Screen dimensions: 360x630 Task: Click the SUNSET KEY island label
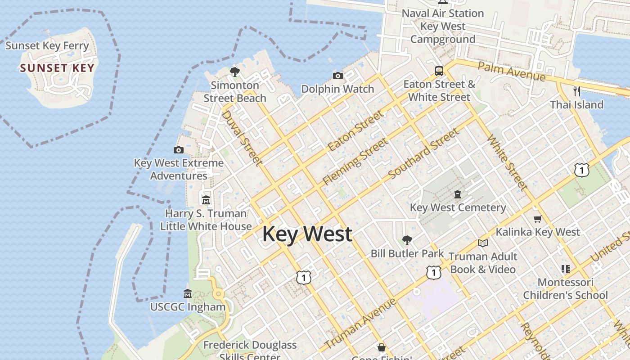pos(57,68)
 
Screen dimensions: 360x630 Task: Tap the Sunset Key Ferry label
pos(47,45)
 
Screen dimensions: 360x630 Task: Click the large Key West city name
pos(307,234)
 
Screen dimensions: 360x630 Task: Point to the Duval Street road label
pos(242,138)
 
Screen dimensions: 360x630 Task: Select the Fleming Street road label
pos(355,162)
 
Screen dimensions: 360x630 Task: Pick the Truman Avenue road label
pos(360,323)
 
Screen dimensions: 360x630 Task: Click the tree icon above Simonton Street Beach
pos(234,72)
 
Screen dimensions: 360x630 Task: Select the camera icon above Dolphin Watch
pos(338,76)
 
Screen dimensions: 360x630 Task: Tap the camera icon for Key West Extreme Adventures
pos(179,150)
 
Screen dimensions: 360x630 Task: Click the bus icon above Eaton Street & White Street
pos(439,71)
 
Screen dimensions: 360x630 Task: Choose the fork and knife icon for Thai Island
pos(577,91)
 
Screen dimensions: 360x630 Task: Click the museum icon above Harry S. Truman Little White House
pos(206,200)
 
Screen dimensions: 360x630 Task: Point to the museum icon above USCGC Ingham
pos(188,294)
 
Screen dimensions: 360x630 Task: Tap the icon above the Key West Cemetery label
pos(458,194)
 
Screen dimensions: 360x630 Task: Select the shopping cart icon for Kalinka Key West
pos(537,219)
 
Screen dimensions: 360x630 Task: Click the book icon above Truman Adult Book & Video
pos(483,243)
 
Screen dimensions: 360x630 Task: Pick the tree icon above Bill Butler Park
pos(407,240)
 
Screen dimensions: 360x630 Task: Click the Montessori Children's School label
pos(565,289)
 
